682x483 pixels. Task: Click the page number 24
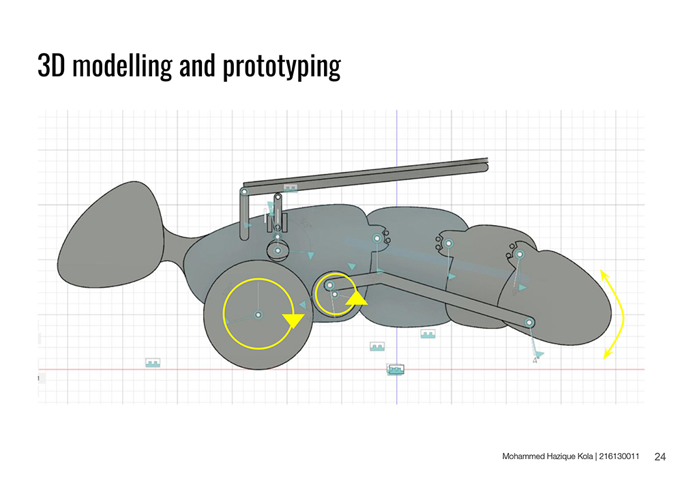[x=659, y=456]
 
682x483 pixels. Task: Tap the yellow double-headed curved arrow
[x=617, y=313]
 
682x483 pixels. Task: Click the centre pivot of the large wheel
[x=258, y=314]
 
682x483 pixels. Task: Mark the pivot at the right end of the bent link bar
[x=529, y=322]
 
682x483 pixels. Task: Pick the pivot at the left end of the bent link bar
[x=329, y=284]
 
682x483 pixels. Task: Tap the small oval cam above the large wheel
[x=278, y=251]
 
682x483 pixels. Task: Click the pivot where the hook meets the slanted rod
[x=244, y=192]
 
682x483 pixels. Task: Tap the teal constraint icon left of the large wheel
[x=153, y=363]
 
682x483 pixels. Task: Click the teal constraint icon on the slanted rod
[x=291, y=187]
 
